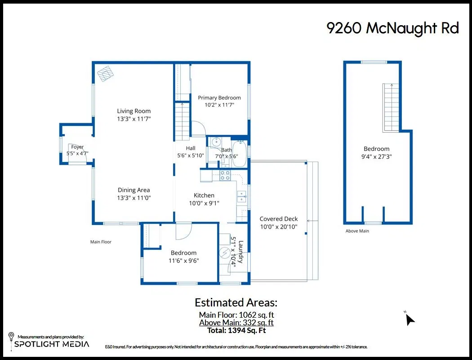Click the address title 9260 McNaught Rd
392,28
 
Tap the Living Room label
134,111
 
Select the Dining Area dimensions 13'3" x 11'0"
134,198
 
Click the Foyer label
77,147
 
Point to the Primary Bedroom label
219,98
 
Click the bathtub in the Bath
240,153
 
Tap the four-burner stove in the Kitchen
225,175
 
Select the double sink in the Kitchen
242,197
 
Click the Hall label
191,148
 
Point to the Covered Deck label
279,219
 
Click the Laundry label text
240,252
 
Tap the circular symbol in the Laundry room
225,253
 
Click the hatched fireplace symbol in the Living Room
105,73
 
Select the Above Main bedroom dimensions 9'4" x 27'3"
377,156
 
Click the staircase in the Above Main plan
391,107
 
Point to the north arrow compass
410,319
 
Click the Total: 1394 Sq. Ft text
236,330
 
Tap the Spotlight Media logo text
52,344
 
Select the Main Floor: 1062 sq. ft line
236,315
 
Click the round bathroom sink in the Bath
216,141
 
